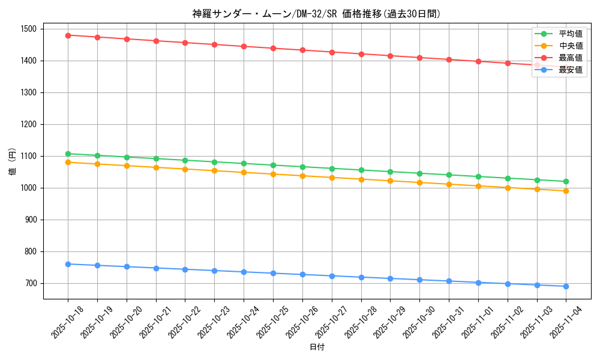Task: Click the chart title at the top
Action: pyautogui.click(x=317, y=14)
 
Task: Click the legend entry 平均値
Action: pyautogui.click(x=571, y=34)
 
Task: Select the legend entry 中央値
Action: pyautogui.click(x=571, y=46)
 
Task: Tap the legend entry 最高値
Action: pyautogui.click(x=571, y=58)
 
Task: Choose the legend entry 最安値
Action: pyautogui.click(x=571, y=70)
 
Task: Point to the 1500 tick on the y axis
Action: pyautogui.click(x=28, y=29)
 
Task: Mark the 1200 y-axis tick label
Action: pyautogui.click(x=28, y=124)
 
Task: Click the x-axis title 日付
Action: pyautogui.click(x=317, y=347)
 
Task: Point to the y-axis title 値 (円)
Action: pyautogui.click(x=13, y=163)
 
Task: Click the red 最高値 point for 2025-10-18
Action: pyautogui.click(x=68, y=35)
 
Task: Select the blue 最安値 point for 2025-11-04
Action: pyautogui.click(x=566, y=286)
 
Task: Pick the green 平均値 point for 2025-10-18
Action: pyautogui.click(x=68, y=154)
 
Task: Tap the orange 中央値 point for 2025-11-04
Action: pyautogui.click(x=566, y=191)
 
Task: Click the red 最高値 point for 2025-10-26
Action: pyautogui.click(x=302, y=50)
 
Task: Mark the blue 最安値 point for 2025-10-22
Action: pyautogui.click(x=185, y=269)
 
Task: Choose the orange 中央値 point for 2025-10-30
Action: pyautogui.click(x=419, y=182)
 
